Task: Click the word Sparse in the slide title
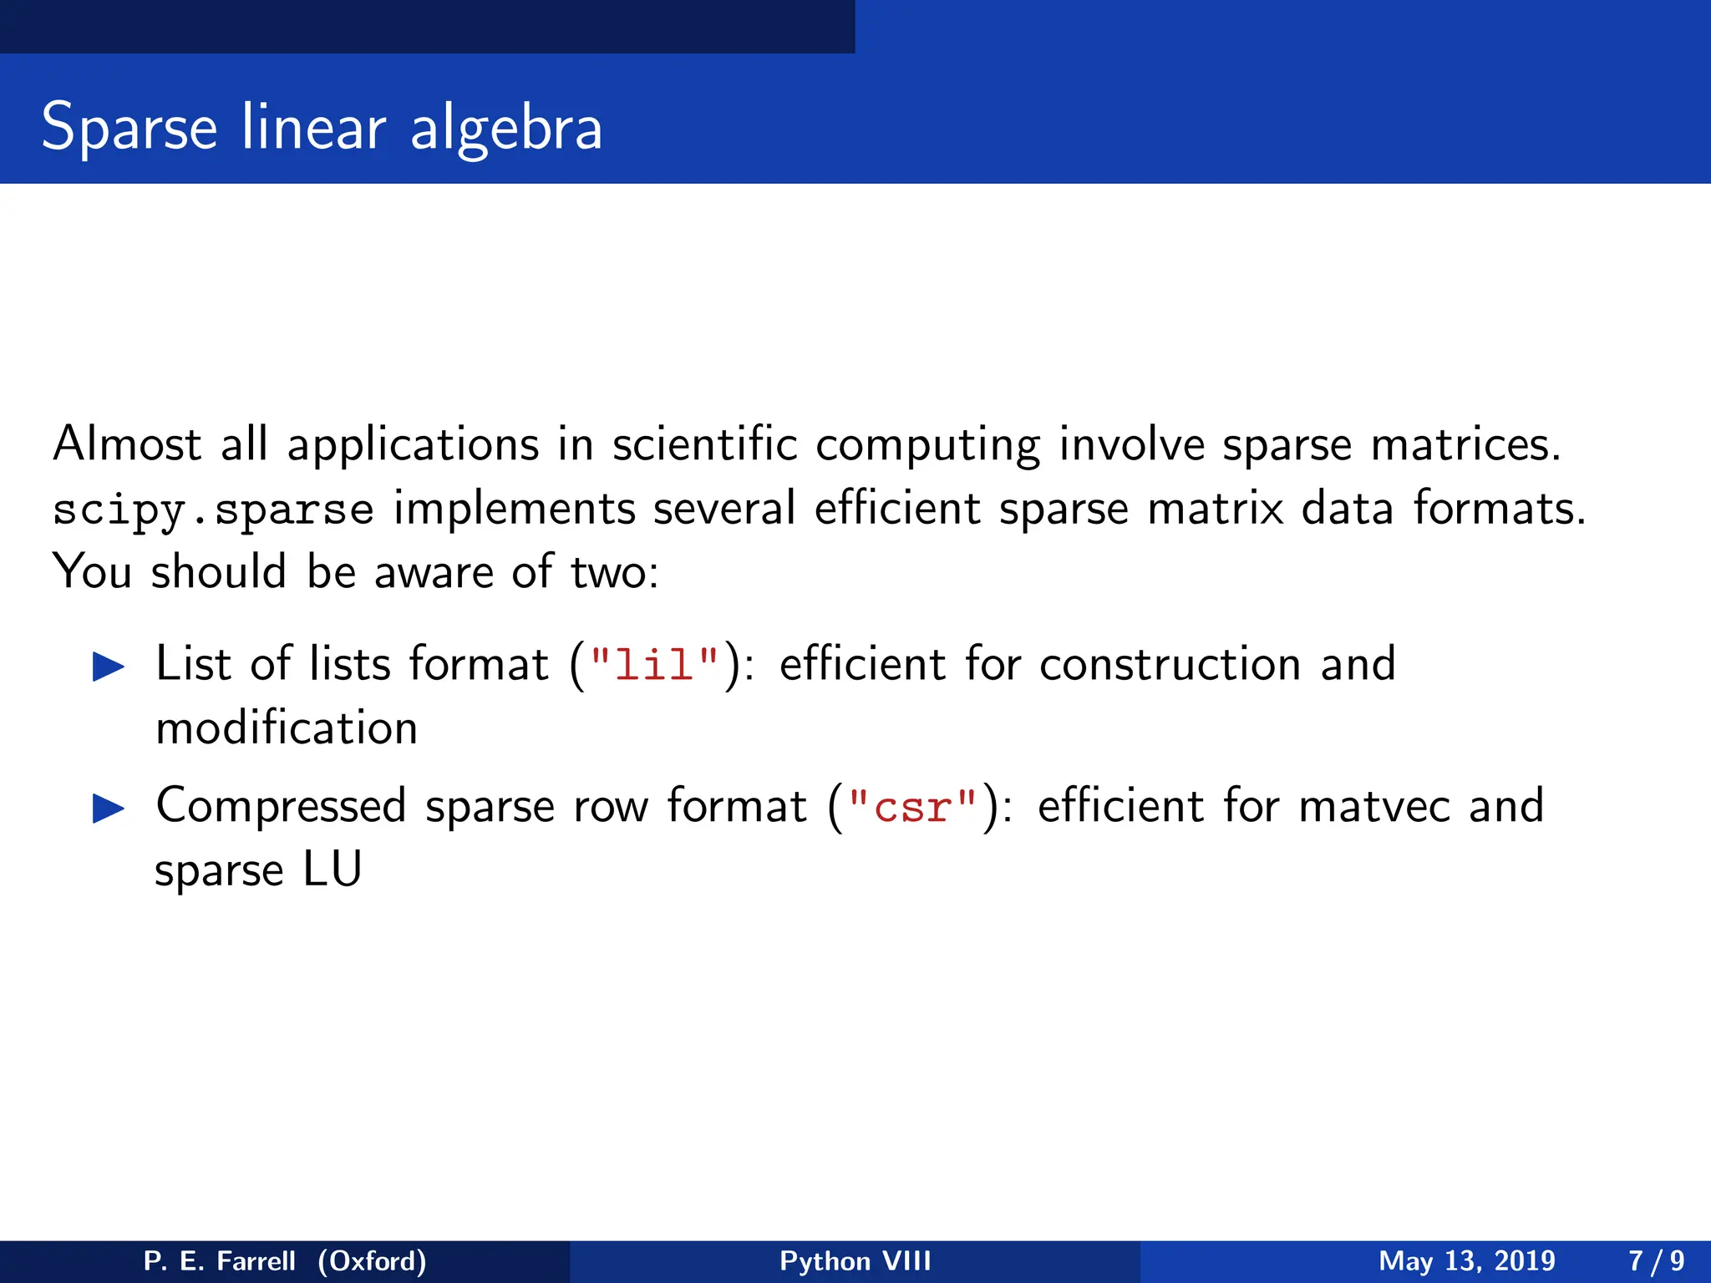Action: coord(129,128)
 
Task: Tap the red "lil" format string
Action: coord(654,666)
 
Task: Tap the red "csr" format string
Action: coord(912,808)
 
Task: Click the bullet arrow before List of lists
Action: coord(109,667)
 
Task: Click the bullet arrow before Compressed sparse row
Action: coord(109,809)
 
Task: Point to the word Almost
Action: coord(127,444)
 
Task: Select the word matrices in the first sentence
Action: coord(1465,444)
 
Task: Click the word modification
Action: coord(287,728)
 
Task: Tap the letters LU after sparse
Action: coord(332,870)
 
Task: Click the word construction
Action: coord(1170,665)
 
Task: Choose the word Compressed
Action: coord(281,808)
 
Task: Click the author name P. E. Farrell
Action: coord(219,1260)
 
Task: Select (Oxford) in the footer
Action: coord(372,1260)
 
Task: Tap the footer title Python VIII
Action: coord(855,1260)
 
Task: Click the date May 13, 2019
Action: coord(1466,1260)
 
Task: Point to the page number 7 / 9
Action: coord(1656,1260)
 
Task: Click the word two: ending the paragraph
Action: coord(614,573)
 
